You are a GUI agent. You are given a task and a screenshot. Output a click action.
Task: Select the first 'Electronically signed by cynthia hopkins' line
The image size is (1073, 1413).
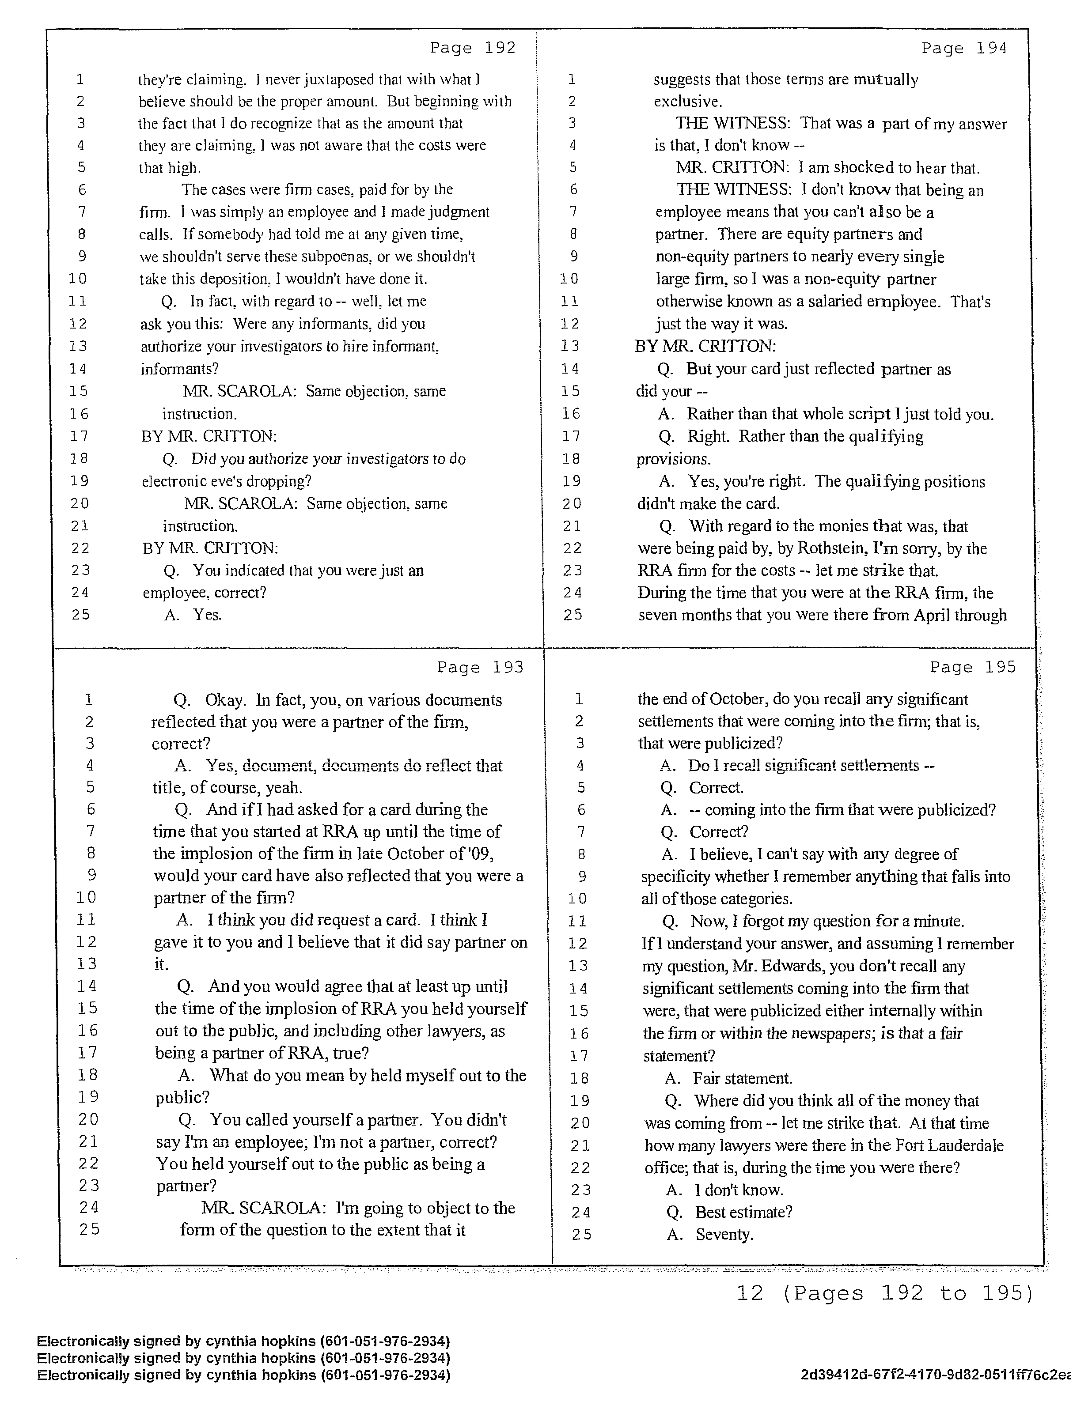point(243,1341)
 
